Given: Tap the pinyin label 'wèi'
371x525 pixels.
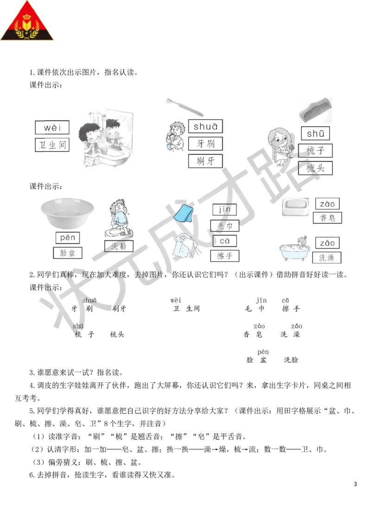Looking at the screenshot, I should (x=52, y=128).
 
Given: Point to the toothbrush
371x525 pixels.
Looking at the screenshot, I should (x=185, y=107).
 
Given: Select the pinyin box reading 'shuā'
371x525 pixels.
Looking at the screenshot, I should (x=205, y=126).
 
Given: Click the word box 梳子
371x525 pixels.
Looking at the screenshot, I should (x=315, y=151).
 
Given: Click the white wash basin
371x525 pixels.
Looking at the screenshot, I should (x=68, y=212).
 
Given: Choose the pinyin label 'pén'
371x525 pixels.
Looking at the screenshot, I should (x=68, y=238).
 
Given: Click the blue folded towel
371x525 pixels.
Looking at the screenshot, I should (x=184, y=213).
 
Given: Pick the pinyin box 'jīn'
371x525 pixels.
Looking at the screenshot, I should (x=224, y=210).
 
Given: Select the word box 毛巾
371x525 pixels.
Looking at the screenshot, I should (x=224, y=225).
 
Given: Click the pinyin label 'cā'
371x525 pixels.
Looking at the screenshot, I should (x=224, y=241).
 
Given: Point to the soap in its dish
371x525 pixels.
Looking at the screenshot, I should (x=295, y=207).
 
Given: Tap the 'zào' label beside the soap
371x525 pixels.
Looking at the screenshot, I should (x=327, y=204).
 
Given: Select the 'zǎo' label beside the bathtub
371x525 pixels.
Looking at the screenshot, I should (x=327, y=242).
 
